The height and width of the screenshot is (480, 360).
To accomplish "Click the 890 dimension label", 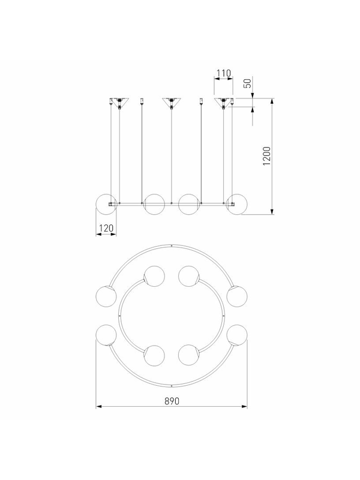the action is tap(172, 401).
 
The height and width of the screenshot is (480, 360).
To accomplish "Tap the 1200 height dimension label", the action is tap(267, 156).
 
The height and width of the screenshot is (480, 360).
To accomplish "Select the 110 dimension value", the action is tap(223, 73).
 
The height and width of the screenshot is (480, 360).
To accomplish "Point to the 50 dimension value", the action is tap(248, 83).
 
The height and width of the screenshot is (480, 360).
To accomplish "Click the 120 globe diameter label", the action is tap(106, 229).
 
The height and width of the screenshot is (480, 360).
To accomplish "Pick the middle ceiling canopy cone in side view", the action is tap(172, 102).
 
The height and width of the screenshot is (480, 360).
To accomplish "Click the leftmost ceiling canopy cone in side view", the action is tap(119, 102).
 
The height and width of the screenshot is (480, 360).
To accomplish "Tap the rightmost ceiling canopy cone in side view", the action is tap(223, 102).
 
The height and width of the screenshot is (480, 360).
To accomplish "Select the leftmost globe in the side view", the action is tap(106, 204).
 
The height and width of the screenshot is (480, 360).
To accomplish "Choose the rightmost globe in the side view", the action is tap(236, 204).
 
